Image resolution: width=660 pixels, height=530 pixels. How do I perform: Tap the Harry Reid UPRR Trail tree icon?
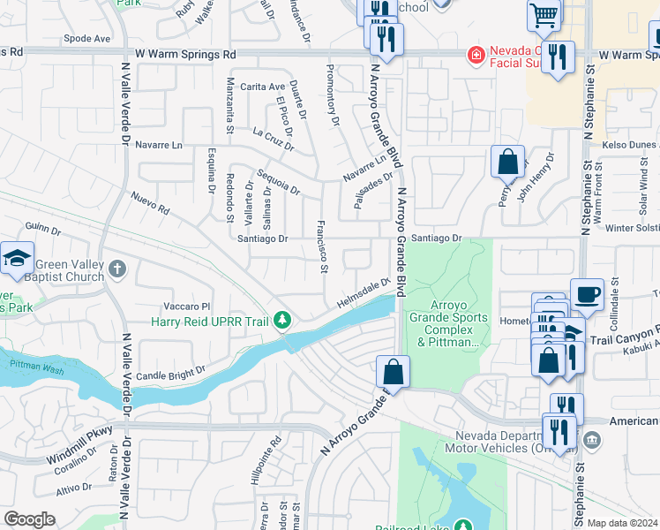tap(282, 320)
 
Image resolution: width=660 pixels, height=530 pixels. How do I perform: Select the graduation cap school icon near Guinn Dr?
tap(18, 258)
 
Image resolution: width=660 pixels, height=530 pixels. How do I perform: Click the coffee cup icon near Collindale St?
tap(587, 293)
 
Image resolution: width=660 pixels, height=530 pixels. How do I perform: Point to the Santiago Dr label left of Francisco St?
tap(263, 238)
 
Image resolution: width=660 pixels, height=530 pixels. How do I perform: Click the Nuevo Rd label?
tap(149, 204)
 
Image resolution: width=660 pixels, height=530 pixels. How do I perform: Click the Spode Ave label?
tap(86, 39)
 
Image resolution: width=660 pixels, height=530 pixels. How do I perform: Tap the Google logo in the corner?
tap(29, 519)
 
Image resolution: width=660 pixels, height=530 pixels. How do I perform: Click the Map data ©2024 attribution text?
tap(622, 523)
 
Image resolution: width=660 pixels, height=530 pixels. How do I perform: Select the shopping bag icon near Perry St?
tap(507, 162)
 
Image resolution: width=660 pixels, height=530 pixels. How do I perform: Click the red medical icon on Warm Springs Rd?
tap(476, 55)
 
